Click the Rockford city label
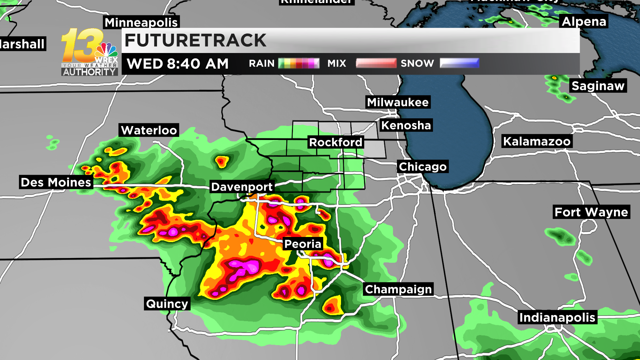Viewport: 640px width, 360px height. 336,142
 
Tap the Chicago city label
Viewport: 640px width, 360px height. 423,167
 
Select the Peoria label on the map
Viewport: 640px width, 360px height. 303,244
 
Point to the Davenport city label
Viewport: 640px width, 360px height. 242,187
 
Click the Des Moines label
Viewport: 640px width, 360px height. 56,182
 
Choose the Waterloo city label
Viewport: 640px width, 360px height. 149,130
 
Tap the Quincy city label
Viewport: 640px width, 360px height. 167,304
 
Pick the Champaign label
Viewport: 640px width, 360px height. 398,289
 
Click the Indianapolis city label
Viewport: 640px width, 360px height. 557,317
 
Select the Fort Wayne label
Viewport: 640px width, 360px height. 591,212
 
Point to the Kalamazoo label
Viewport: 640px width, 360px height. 537,141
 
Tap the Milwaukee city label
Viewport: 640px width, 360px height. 398,102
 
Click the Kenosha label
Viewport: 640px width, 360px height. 406,125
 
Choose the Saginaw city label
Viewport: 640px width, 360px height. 598,86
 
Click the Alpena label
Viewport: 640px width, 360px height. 584,21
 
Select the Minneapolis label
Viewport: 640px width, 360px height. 141,23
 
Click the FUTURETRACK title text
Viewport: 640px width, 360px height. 195,41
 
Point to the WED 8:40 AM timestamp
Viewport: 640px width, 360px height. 178,64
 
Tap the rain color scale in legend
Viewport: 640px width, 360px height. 299,63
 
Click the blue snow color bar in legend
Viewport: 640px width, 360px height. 459,63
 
